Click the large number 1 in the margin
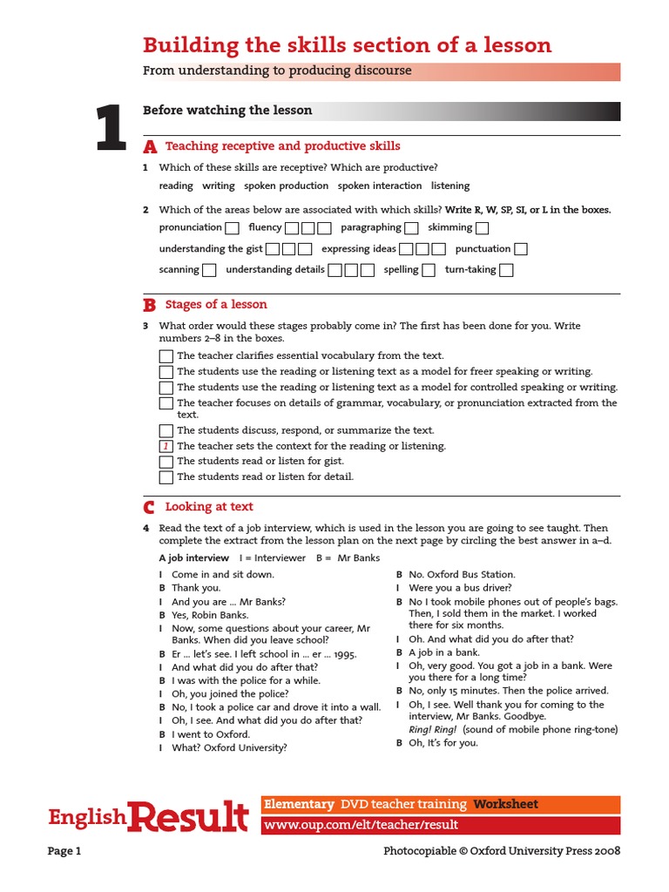click(110, 130)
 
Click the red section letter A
click(150, 146)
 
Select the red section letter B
click(150, 305)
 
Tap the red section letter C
click(150, 507)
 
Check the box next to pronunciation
click(232, 228)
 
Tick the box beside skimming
click(482, 228)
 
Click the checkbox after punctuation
click(521, 249)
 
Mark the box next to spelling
click(429, 270)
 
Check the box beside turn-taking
click(506, 270)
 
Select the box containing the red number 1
click(166, 446)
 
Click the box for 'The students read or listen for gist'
click(166, 462)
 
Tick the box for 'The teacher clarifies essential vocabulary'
click(166, 356)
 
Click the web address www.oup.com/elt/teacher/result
click(361, 825)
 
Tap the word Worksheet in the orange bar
click(506, 804)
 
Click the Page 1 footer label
click(64, 851)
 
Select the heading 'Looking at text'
click(209, 507)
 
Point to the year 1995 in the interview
click(342, 653)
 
